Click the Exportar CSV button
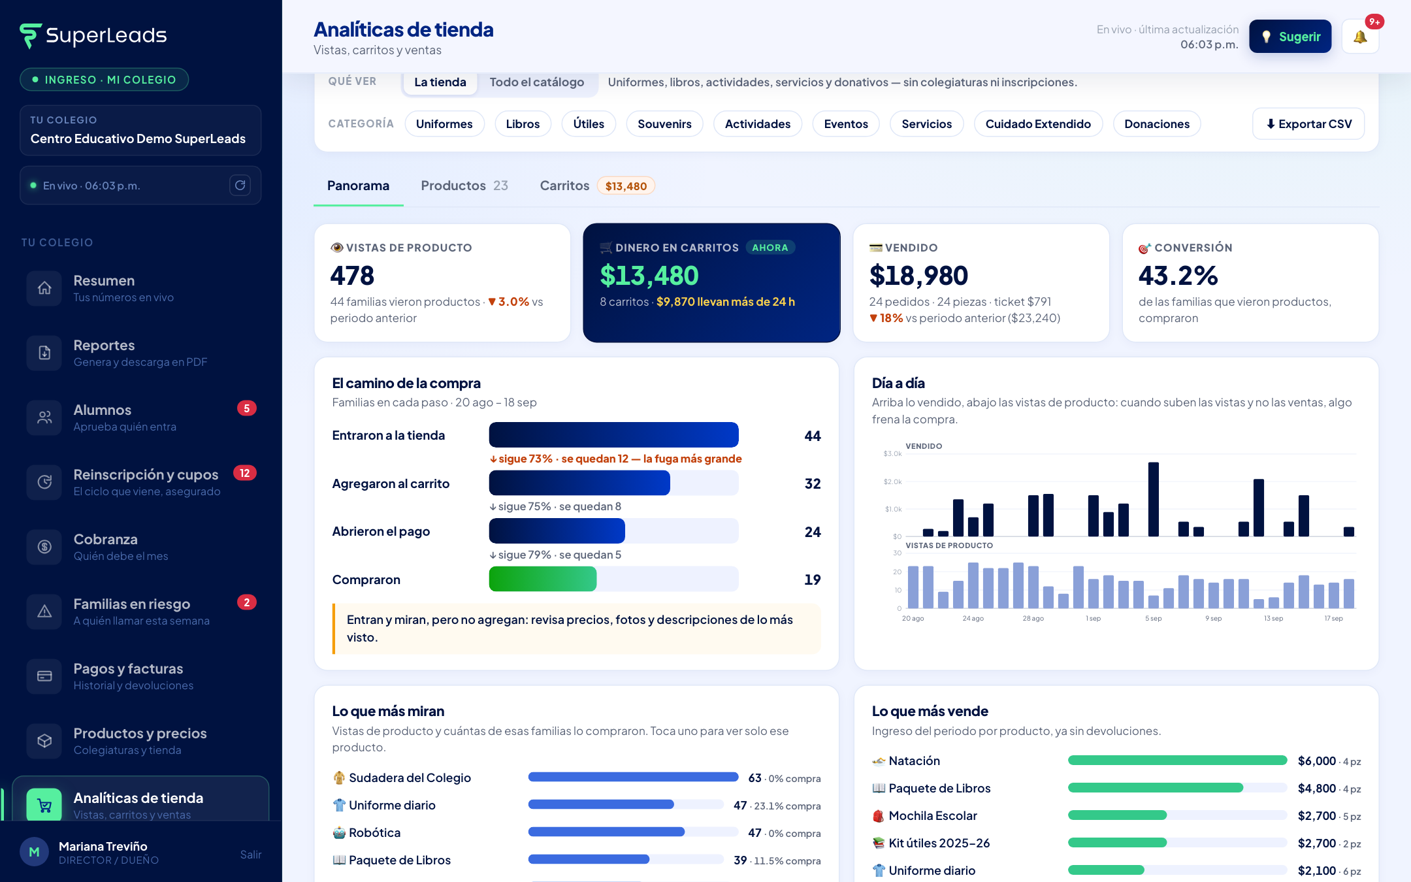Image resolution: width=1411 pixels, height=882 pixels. (1308, 124)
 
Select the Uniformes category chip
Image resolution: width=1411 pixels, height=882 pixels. (444, 124)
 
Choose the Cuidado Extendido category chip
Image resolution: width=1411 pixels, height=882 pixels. (1038, 124)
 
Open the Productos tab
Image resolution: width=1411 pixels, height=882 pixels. (464, 186)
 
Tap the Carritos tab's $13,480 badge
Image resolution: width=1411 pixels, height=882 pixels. (626, 186)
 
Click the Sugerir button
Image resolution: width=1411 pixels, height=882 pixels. (1290, 37)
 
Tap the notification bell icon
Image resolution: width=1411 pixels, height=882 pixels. (1360, 37)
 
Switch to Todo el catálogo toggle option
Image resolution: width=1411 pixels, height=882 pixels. (537, 82)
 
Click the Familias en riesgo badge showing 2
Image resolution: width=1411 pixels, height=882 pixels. (246, 602)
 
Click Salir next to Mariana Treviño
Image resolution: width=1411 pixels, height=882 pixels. (251, 855)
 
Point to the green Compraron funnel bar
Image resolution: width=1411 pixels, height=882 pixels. (543, 579)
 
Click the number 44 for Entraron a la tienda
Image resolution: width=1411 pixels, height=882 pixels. (813, 436)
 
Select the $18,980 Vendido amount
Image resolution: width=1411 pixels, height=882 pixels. (918, 276)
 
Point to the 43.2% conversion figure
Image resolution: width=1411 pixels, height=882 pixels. (1178, 276)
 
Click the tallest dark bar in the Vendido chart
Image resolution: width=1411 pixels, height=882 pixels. (1154, 499)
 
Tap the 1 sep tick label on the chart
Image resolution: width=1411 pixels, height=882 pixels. (1094, 619)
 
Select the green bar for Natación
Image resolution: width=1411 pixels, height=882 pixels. (1177, 760)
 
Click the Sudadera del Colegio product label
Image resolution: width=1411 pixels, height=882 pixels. (410, 778)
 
